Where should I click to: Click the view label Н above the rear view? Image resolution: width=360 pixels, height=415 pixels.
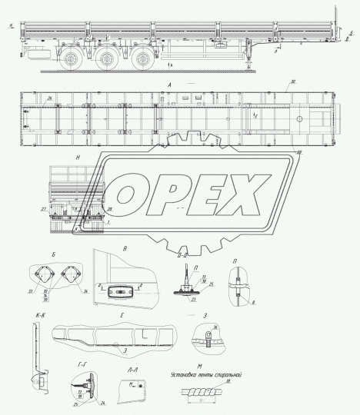click(x=80, y=157)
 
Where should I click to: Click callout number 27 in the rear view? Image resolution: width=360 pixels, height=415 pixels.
click(x=43, y=208)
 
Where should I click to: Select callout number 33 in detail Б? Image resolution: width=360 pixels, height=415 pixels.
click(x=33, y=293)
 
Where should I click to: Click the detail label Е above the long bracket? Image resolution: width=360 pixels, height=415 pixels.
click(x=122, y=315)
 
